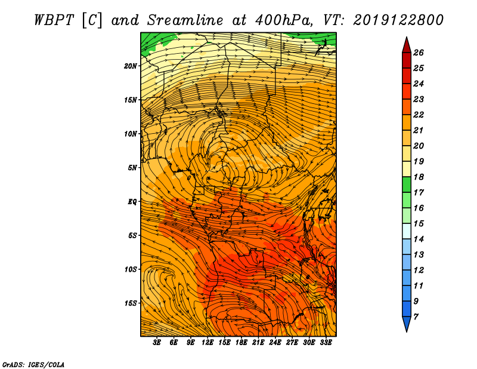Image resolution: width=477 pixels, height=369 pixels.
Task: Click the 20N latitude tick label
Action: [x=131, y=66]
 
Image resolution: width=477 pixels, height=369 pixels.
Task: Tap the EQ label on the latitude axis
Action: [x=132, y=202]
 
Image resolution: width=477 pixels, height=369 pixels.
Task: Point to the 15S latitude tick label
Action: [x=131, y=303]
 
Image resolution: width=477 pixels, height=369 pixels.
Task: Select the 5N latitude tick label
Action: [x=132, y=168]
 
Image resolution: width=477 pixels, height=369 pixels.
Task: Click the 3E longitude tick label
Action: [x=157, y=342]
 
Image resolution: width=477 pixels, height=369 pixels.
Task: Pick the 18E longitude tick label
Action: [x=241, y=342]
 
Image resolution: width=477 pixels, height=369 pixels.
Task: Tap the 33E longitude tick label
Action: [x=326, y=342]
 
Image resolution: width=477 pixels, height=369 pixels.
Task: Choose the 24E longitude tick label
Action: [x=275, y=342]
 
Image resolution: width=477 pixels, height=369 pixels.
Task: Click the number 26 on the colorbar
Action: [x=419, y=53]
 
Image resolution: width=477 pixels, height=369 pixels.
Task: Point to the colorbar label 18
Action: [x=419, y=177]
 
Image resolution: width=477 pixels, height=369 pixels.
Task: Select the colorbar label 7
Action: [x=416, y=317]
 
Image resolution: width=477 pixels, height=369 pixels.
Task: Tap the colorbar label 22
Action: [x=419, y=115]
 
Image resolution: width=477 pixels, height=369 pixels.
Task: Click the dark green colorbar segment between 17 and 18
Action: [x=407, y=184]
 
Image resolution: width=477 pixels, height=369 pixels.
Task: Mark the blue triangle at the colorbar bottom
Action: [x=407, y=324]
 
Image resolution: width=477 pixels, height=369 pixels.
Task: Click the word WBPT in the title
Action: [x=54, y=20]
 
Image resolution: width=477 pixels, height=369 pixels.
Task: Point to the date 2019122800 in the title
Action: [x=398, y=20]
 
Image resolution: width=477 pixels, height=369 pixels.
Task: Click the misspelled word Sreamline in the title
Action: [x=185, y=20]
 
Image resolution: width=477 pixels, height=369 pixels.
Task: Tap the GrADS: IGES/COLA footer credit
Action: [x=33, y=364]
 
